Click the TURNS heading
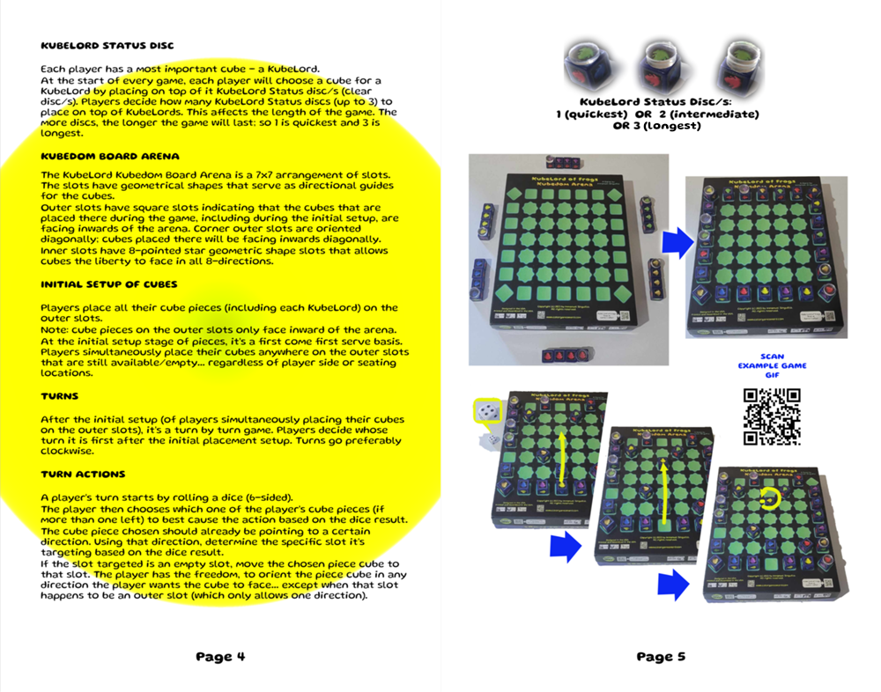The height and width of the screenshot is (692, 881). tap(60, 396)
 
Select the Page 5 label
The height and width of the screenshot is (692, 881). tap(661, 656)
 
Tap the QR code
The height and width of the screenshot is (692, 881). tap(772, 416)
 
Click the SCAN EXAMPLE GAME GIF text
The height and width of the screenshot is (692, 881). tap(772, 365)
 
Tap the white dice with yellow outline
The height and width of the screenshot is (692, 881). tap(487, 412)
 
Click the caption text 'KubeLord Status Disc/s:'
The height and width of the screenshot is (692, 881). tap(656, 102)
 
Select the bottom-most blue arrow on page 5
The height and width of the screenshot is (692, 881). tap(673, 581)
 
